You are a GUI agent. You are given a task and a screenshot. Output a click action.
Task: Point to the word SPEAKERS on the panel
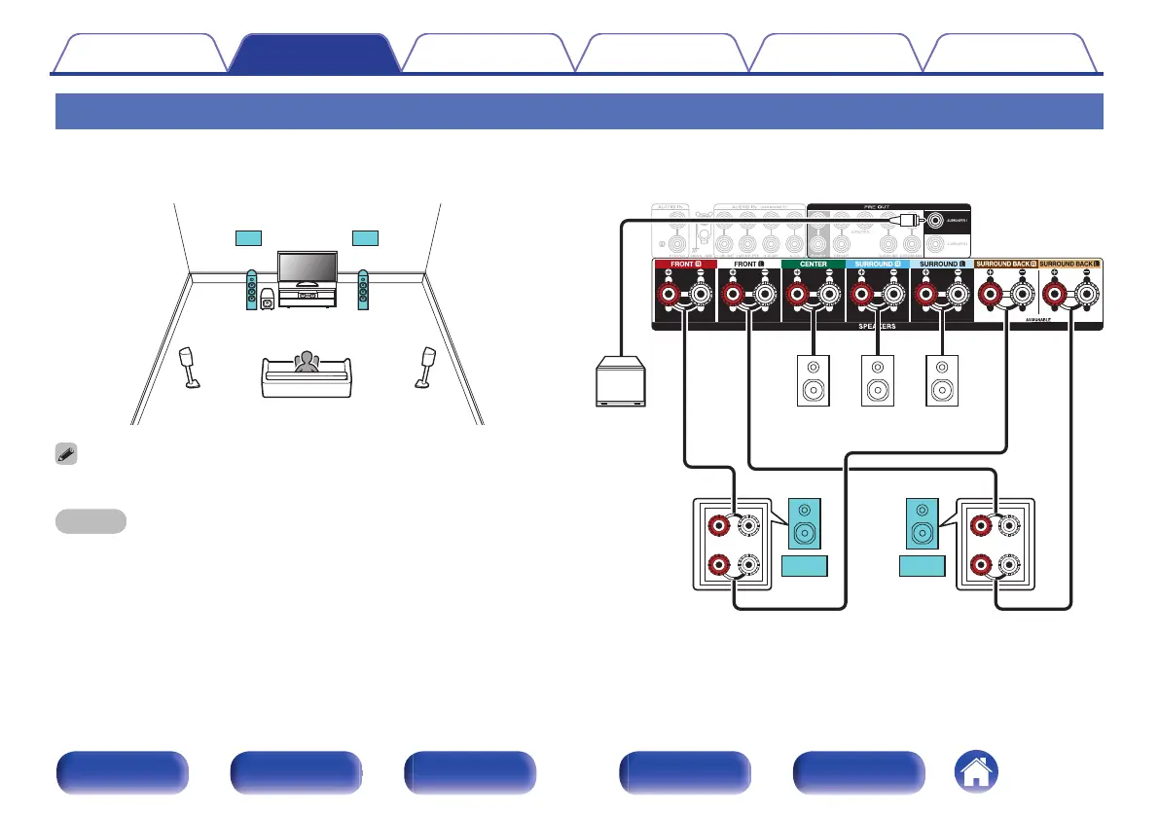point(877,327)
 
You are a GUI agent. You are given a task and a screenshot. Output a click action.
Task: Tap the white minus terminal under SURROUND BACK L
point(1086,295)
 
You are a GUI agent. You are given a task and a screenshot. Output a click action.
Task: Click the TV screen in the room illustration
point(307,266)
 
